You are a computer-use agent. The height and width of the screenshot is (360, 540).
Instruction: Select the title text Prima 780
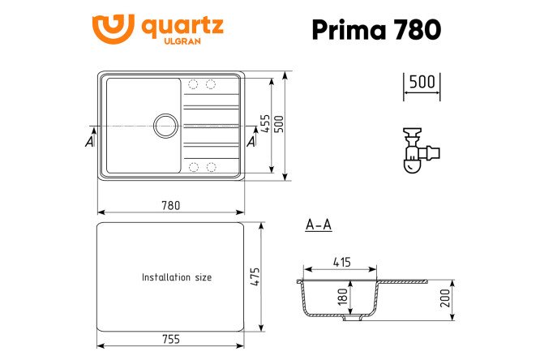tap(376, 29)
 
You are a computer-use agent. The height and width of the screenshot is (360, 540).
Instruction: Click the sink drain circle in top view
tap(165, 126)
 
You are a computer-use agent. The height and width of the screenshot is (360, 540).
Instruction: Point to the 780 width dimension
tap(170, 205)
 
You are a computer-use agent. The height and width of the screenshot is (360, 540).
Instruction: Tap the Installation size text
tap(176, 277)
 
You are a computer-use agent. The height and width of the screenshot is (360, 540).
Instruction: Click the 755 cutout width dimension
tap(170, 339)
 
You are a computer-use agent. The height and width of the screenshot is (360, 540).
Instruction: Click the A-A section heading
tap(318, 225)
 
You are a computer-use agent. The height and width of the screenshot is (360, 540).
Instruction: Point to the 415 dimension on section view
tap(341, 262)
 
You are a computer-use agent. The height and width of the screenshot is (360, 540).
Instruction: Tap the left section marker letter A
tap(89, 142)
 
